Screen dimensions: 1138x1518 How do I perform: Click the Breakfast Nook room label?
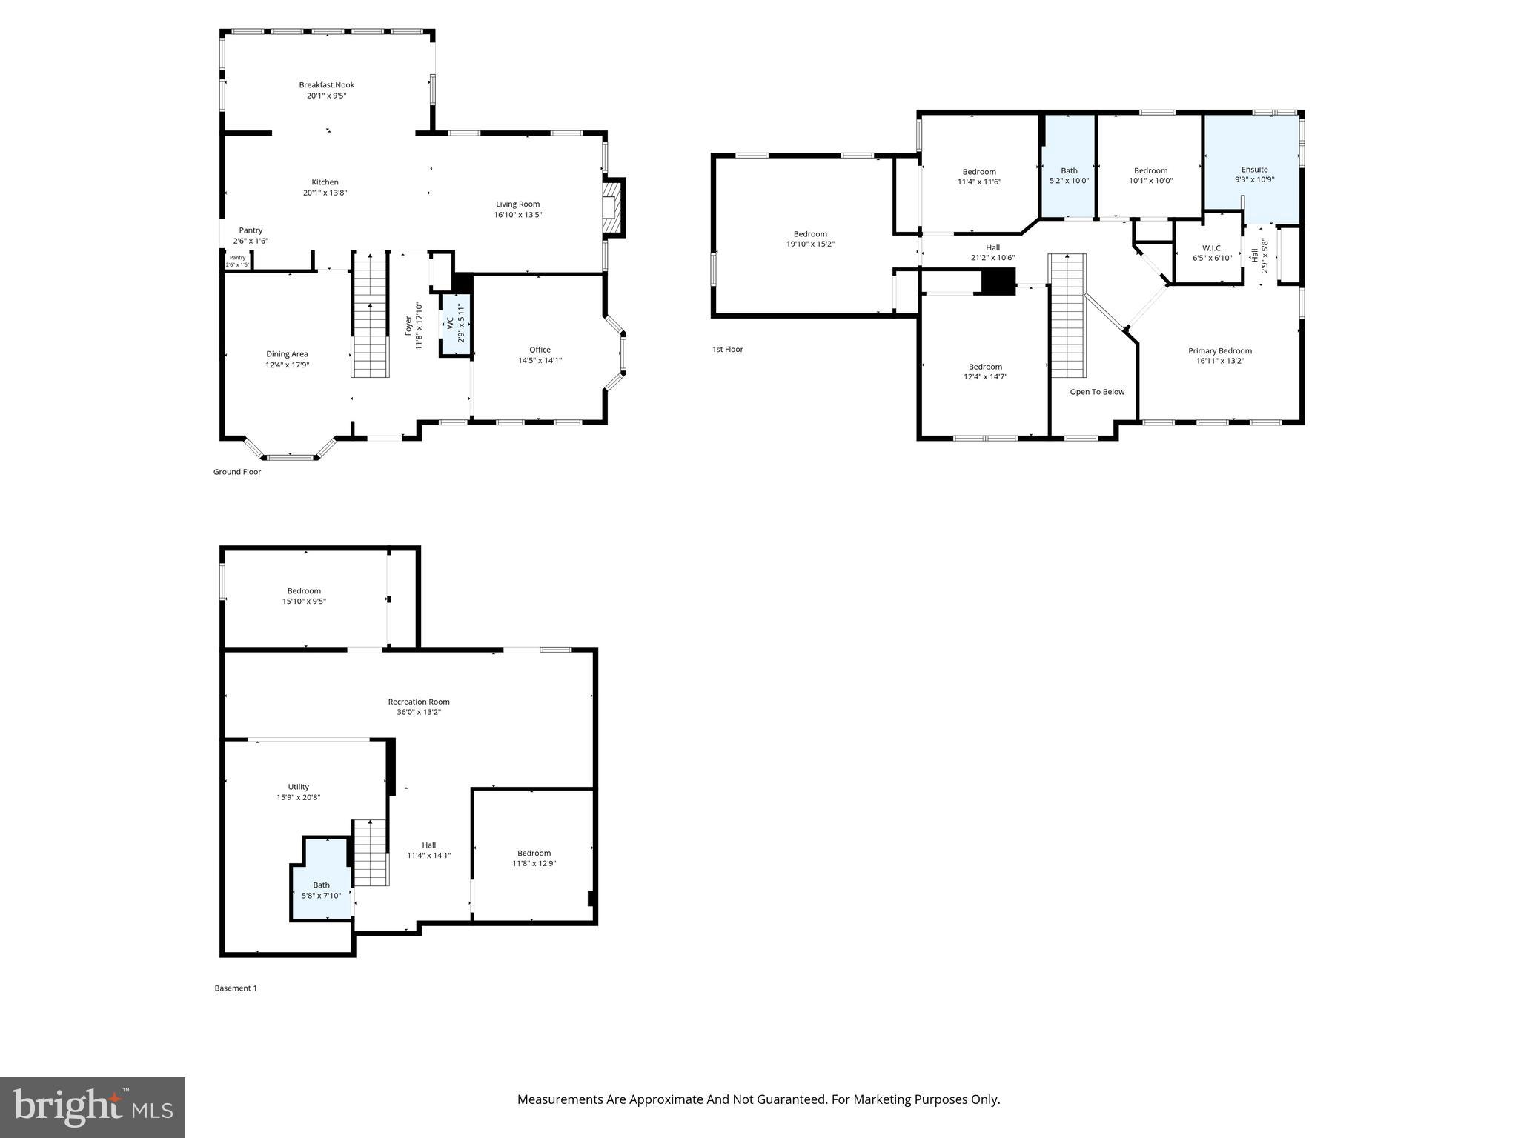click(326, 85)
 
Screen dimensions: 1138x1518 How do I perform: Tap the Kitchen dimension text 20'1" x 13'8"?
click(325, 193)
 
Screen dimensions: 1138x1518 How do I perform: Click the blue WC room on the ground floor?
click(455, 325)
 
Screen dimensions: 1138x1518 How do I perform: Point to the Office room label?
click(540, 350)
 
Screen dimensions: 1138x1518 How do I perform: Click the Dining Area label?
click(287, 354)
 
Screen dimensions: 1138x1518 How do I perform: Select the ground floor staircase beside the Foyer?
click(369, 315)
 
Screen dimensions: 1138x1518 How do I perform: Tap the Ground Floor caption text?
click(237, 472)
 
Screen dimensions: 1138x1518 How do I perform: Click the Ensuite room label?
click(1254, 170)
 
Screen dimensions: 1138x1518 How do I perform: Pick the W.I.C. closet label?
click(1212, 247)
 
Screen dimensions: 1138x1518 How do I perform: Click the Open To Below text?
click(1097, 392)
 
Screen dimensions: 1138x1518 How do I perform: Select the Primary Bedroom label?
click(1219, 351)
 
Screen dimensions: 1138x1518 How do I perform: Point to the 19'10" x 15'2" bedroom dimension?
click(810, 244)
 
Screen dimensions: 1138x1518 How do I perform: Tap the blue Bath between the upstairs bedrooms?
click(1069, 175)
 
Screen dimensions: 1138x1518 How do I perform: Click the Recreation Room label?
click(419, 702)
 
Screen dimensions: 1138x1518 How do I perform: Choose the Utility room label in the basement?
click(298, 787)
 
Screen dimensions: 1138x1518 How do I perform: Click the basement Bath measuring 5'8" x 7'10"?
click(321, 891)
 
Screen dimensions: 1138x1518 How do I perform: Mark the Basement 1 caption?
click(236, 988)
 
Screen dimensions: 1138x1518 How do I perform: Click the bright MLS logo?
click(93, 1108)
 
